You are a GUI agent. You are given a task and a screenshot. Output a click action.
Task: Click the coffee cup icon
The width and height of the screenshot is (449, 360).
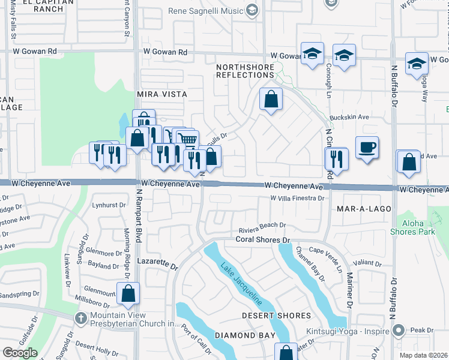(x=367, y=147)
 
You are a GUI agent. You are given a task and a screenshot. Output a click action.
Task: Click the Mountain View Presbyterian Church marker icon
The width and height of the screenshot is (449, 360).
(x=81, y=317)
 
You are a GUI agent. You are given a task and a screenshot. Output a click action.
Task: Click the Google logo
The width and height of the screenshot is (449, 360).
(x=20, y=352)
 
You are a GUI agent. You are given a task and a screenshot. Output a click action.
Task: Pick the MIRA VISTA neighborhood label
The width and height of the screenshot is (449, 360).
(x=162, y=94)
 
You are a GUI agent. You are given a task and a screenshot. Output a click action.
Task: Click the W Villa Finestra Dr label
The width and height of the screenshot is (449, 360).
(x=297, y=198)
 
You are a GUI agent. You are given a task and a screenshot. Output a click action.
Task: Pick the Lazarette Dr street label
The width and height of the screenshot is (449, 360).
(x=157, y=265)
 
